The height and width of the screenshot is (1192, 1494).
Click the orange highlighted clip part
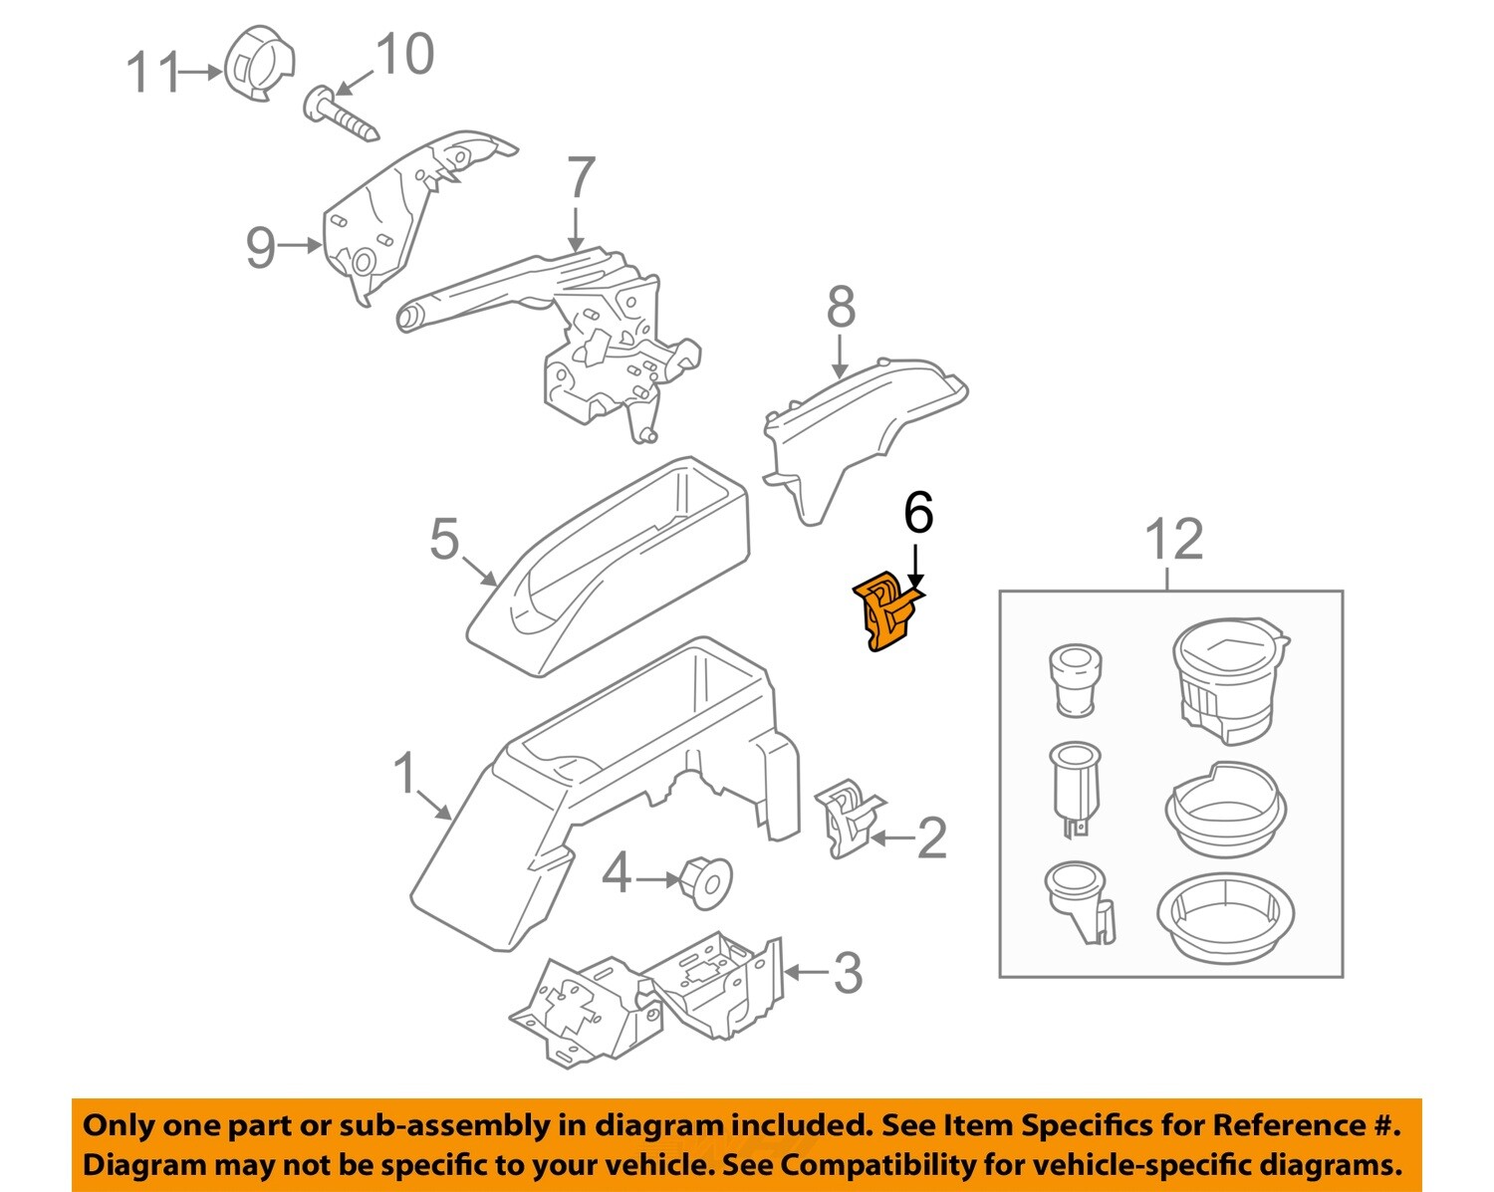[882, 611]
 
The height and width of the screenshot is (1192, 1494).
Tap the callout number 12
[1173, 540]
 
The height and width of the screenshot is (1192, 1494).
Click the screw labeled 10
[341, 115]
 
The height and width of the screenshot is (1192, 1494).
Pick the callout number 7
[581, 179]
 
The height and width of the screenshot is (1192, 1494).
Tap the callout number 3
[847, 972]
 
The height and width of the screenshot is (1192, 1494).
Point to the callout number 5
[444, 540]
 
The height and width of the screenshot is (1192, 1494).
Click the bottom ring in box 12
[1226, 918]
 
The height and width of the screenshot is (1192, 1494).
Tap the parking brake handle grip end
[411, 317]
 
